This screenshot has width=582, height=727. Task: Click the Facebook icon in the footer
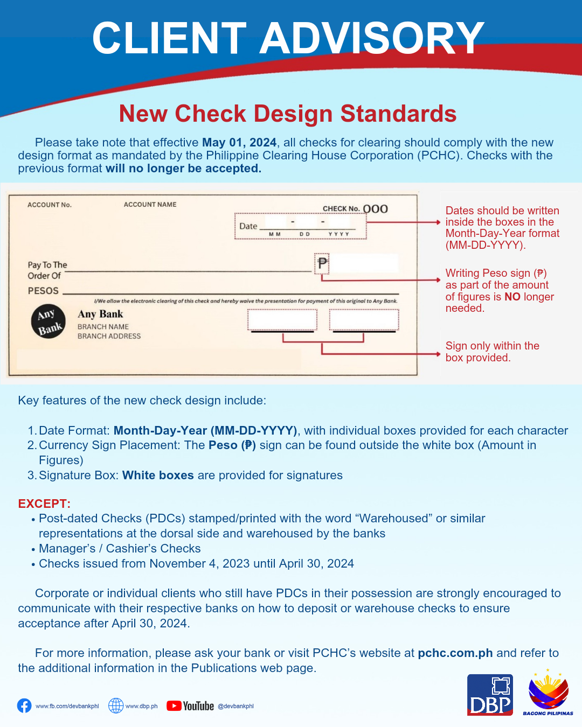(24, 705)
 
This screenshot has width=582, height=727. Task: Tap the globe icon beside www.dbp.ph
(116, 705)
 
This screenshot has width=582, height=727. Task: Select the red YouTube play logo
(174, 705)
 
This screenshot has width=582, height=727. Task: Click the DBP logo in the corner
(490, 695)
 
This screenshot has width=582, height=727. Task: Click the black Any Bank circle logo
(48, 321)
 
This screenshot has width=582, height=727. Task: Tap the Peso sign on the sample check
(322, 263)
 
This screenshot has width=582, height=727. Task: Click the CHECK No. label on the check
(341, 209)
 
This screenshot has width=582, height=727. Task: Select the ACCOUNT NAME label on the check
(150, 205)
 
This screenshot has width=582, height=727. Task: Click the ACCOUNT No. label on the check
(50, 205)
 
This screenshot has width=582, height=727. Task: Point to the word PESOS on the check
(43, 291)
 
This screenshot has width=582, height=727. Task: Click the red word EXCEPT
(44, 504)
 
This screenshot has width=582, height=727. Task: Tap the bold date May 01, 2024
(239, 143)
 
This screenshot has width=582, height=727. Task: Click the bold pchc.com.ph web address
(455, 653)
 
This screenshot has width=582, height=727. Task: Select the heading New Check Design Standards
(288, 114)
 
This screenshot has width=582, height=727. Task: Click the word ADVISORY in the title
(372, 38)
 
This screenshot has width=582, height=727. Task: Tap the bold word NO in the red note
(512, 297)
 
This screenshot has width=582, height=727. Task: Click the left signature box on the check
(282, 320)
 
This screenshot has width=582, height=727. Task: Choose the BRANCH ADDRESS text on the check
(109, 336)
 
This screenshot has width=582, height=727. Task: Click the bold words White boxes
(158, 476)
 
